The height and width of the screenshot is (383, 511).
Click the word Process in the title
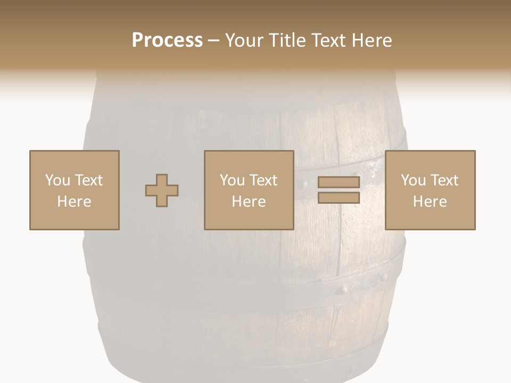167,40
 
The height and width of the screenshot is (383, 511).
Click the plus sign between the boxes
162,190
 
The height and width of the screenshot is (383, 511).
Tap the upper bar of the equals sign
339,182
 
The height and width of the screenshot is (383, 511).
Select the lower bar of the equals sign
339,198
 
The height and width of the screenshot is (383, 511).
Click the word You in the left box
57,180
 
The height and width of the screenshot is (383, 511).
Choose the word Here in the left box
74,202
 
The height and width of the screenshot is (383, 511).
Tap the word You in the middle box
232,180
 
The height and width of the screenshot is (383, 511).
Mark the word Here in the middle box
249,202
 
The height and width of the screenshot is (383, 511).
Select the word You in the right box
413,180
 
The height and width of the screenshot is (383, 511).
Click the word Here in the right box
430,202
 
